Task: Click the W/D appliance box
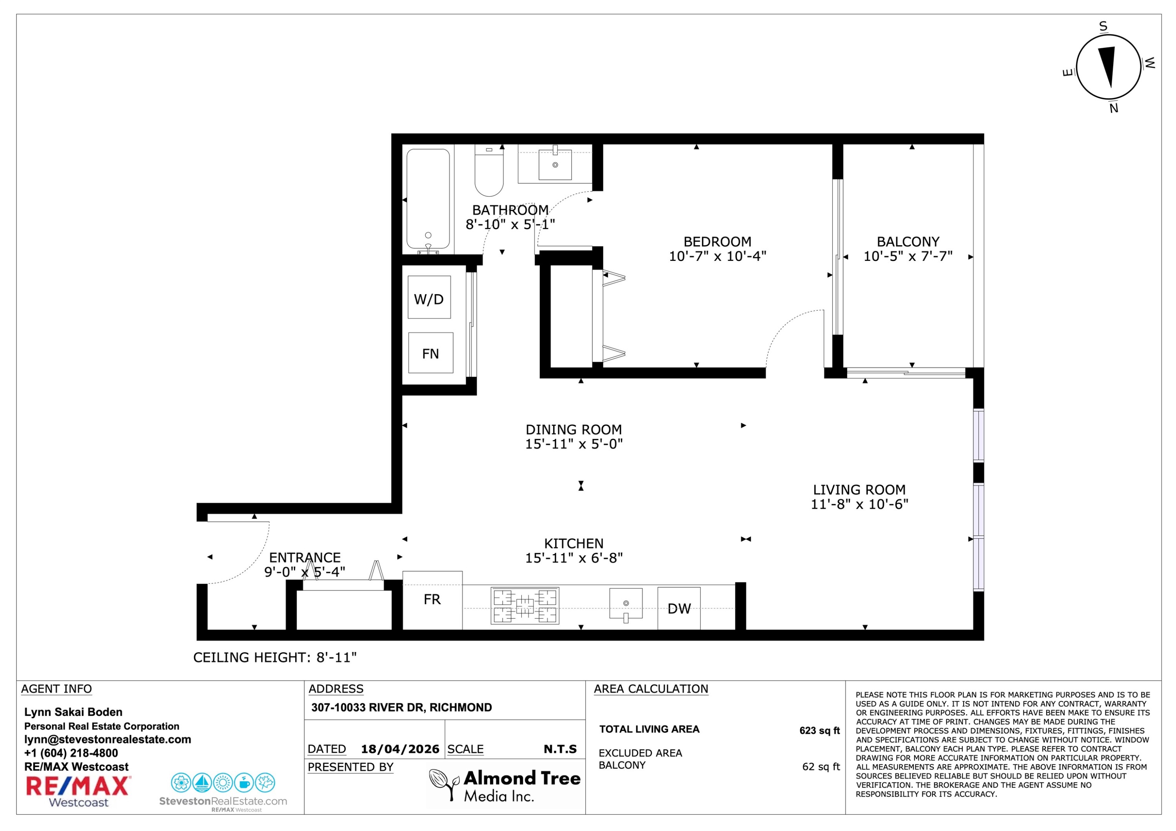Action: tap(429, 297)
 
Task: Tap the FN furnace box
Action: tap(431, 353)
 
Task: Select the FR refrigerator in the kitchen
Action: tap(432, 600)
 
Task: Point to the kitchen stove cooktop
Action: tap(524, 606)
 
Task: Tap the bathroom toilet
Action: tap(489, 170)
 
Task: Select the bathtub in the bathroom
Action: tap(428, 200)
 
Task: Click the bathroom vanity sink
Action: tap(555, 164)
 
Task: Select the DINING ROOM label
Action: tap(573, 429)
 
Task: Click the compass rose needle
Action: tap(1108, 67)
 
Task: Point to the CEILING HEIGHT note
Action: tap(274, 657)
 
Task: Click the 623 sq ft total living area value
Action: tap(820, 731)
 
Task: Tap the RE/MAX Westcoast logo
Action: tap(78, 791)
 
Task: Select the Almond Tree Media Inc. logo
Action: tap(505, 786)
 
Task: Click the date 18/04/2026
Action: tap(400, 749)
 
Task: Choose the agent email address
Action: tap(107, 739)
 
